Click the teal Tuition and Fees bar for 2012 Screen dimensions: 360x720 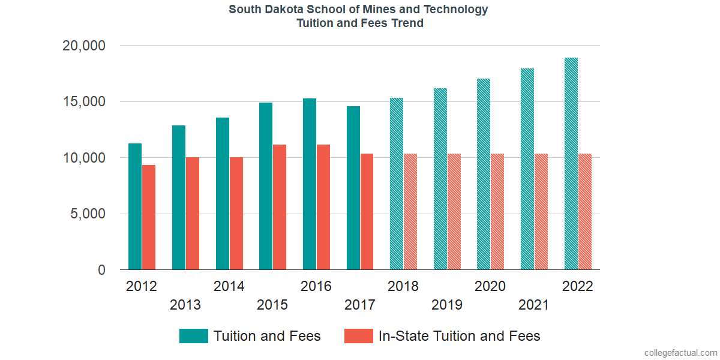click(135, 206)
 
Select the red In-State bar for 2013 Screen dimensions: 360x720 click(192, 214)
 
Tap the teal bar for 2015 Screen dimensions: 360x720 click(266, 186)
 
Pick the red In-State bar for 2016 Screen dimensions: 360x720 click(323, 207)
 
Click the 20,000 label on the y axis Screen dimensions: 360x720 click(83, 46)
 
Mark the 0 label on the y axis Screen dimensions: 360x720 click(101, 271)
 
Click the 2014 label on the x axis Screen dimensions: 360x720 click(229, 286)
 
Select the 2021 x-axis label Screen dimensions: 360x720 click(533, 305)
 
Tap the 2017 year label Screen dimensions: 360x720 click(359, 305)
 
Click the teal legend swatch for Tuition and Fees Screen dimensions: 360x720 click(193, 336)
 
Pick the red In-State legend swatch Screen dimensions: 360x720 click(358, 336)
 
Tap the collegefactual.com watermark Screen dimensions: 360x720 click(680, 353)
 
